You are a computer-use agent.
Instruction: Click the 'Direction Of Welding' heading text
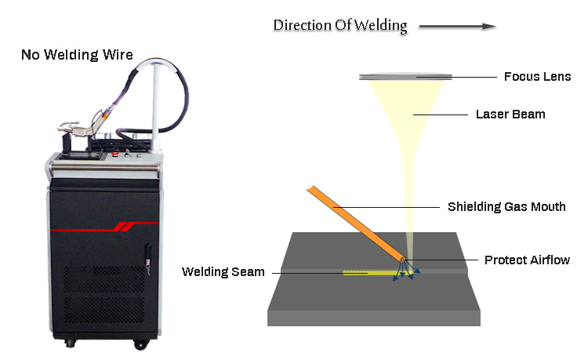(339, 26)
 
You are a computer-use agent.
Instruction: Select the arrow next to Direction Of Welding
(457, 27)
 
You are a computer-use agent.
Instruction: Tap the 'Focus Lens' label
(537, 77)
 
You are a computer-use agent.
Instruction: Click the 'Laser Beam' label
(510, 115)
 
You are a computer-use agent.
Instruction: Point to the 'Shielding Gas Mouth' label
(506, 207)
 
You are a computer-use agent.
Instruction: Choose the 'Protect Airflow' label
(527, 260)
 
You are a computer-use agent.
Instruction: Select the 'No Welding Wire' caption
(77, 55)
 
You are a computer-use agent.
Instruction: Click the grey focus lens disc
(405, 77)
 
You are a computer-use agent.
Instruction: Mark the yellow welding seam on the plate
(368, 274)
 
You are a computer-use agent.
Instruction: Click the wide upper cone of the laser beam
(406, 110)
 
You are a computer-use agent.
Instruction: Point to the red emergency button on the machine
(114, 155)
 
